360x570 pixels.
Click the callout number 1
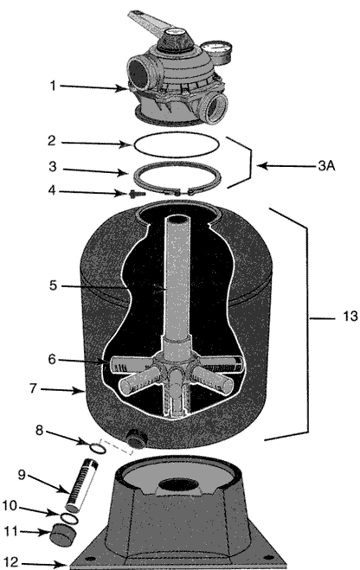tap(53, 86)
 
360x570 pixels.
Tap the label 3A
tap(326, 166)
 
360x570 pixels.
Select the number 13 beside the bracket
tap(350, 317)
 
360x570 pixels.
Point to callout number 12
tap(10, 563)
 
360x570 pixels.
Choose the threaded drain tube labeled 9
tap(80, 485)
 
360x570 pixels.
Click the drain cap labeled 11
tap(63, 535)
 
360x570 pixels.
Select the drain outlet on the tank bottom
tap(136, 438)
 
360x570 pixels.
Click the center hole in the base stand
tap(178, 485)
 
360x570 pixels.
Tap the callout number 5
tap(53, 285)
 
